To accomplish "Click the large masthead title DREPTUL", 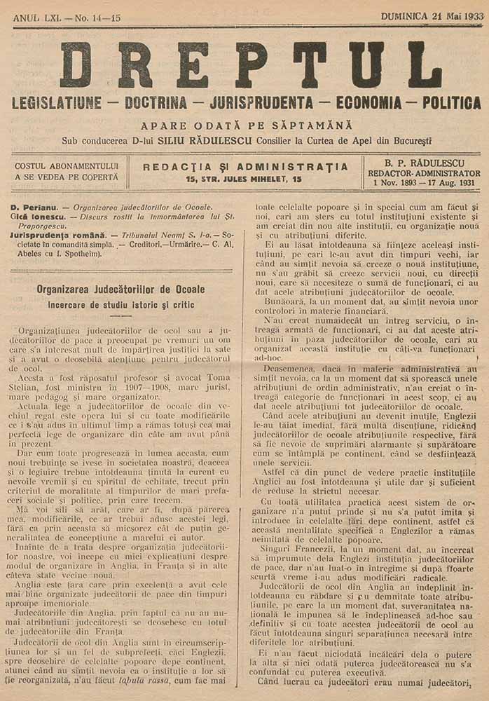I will click(x=250, y=64).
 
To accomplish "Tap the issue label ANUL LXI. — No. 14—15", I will click(x=62, y=16).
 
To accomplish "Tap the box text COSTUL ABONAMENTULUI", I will click(x=67, y=166).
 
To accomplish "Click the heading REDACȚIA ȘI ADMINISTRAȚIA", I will click(x=245, y=167).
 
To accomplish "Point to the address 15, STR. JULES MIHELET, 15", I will click(x=245, y=179).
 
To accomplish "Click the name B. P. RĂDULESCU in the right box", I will click(x=422, y=163).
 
